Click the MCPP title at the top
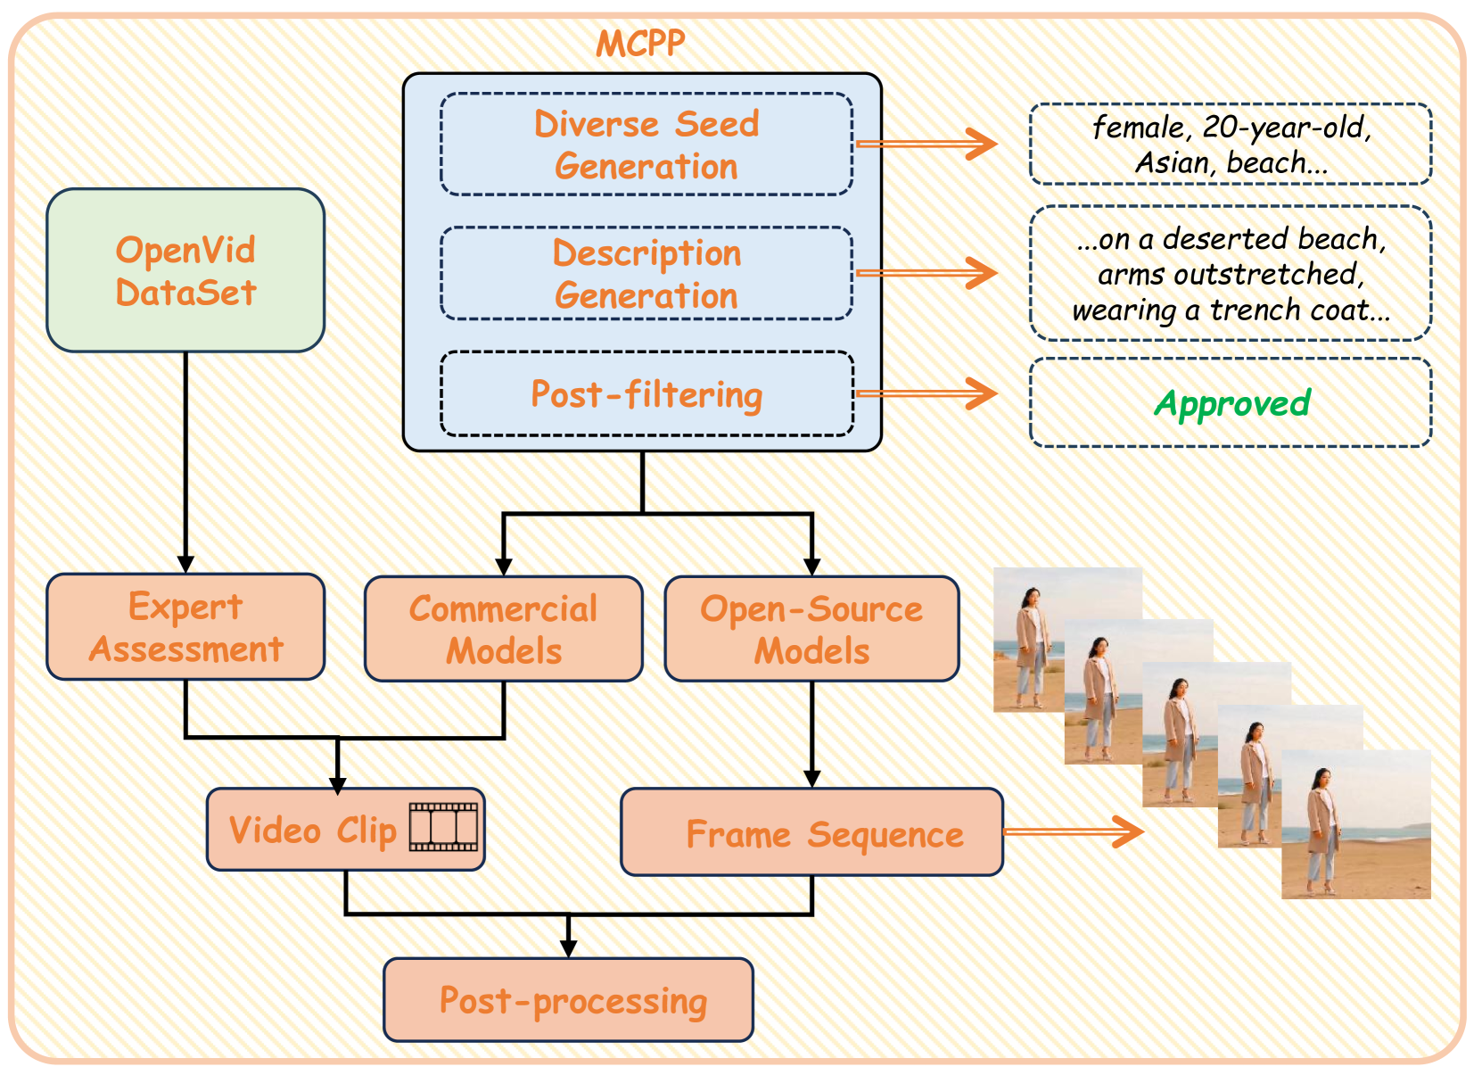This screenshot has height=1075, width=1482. pos(640,44)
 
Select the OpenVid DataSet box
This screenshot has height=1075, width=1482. pos(185,270)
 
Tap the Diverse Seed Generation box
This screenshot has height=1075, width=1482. pos(646,145)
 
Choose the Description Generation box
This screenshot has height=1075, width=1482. pos(646,274)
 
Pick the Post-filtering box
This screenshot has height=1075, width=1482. pos(646,394)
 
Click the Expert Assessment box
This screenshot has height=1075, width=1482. pos(185,627)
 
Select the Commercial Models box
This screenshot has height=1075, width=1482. pos(503,629)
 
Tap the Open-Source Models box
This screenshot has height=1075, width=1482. pos(811,629)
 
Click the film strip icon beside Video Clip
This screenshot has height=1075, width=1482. pos(443,827)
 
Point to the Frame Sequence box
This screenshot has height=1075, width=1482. pos(811,833)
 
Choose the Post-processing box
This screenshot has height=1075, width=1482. pos(569,1000)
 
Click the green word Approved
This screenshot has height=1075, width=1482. pos(1231,403)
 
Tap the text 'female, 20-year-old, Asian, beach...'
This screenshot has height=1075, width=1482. pos(1231,145)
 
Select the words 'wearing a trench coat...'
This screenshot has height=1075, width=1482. pos(1231,310)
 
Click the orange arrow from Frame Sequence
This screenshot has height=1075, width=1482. pos(1074,831)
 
